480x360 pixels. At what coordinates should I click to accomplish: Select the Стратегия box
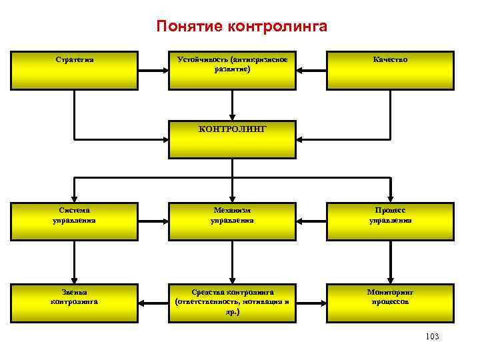point(74,70)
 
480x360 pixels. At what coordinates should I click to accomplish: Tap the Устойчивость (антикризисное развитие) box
point(232,70)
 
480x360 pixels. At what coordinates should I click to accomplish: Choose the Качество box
point(391,70)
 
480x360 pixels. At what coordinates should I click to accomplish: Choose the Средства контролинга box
point(232,301)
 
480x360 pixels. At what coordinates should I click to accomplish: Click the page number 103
point(431,337)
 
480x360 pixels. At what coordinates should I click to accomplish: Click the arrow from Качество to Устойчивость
point(311,67)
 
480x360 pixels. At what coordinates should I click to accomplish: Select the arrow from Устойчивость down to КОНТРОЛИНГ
point(232,105)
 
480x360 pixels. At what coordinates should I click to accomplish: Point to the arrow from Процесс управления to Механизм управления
point(311,217)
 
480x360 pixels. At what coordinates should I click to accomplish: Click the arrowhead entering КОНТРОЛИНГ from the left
point(164,139)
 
